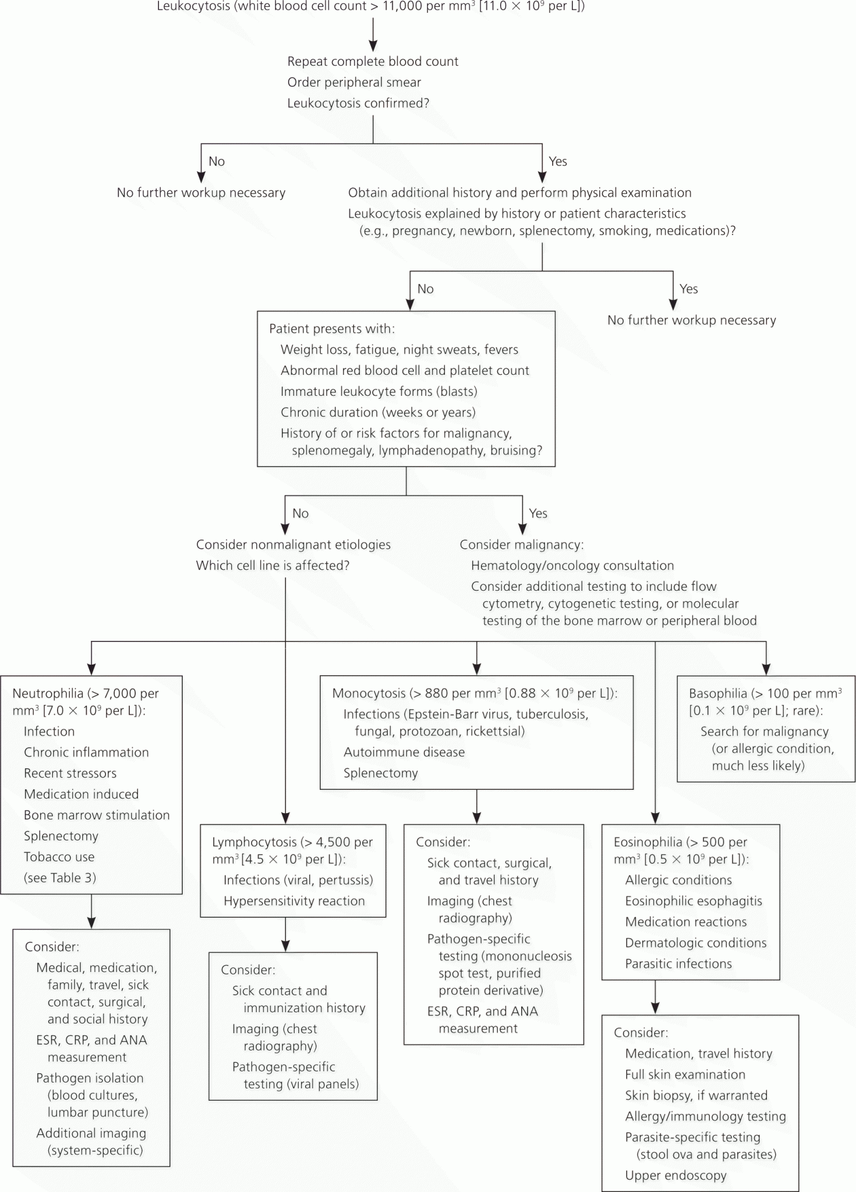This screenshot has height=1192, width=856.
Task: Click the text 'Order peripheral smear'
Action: (x=354, y=82)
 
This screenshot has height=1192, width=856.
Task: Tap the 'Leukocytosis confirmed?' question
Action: (x=358, y=103)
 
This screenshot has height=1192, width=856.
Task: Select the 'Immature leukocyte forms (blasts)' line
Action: (x=379, y=391)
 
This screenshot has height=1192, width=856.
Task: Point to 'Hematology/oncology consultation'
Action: (x=572, y=565)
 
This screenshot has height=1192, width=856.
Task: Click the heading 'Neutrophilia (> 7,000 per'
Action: (x=86, y=693)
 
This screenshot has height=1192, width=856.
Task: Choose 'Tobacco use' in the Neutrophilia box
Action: (x=59, y=857)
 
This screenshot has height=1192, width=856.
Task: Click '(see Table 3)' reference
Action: (x=60, y=878)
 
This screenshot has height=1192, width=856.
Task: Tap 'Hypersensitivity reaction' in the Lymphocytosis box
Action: (x=294, y=901)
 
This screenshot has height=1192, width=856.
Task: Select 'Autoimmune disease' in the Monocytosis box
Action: (x=404, y=752)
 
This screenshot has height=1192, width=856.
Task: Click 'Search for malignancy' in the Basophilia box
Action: (x=765, y=731)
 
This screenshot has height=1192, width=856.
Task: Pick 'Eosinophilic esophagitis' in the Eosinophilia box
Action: (x=694, y=901)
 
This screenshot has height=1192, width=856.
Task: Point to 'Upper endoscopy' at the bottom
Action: (x=676, y=1175)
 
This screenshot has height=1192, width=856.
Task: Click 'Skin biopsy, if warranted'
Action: (x=696, y=1095)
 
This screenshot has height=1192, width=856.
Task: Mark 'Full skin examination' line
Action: (x=685, y=1074)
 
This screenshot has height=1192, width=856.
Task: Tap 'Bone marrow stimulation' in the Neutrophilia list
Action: (x=97, y=815)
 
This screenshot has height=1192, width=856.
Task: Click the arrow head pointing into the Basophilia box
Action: (x=766, y=669)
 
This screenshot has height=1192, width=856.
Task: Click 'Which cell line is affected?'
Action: (x=273, y=565)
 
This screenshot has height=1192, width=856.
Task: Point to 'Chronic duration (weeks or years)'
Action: (x=378, y=412)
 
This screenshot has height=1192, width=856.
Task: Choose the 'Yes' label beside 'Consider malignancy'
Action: (x=538, y=513)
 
